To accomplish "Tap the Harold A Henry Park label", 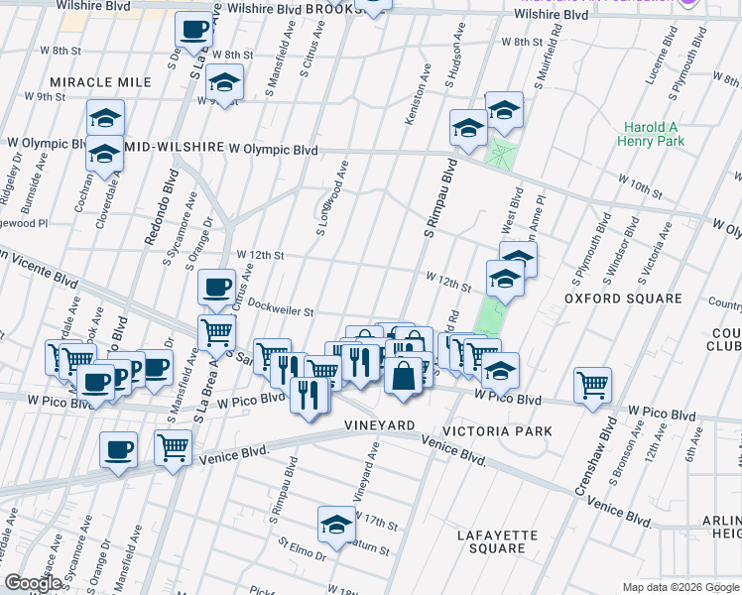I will click(654, 134).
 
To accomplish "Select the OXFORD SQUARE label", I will click(623, 297).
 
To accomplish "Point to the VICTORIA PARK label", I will click(497, 431).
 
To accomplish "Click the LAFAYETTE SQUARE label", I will click(497, 541).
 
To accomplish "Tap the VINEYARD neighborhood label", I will click(379, 424).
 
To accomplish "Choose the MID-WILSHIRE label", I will click(175, 148).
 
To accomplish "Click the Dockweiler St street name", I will click(281, 309).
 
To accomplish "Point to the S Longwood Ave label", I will click(331, 197).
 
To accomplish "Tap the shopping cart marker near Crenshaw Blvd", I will click(592, 385).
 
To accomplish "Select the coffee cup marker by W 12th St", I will click(216, 288).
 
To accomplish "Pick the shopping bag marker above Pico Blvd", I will click(405, 376).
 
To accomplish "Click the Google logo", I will click(34, 583).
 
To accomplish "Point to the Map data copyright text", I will click(680, 587).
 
